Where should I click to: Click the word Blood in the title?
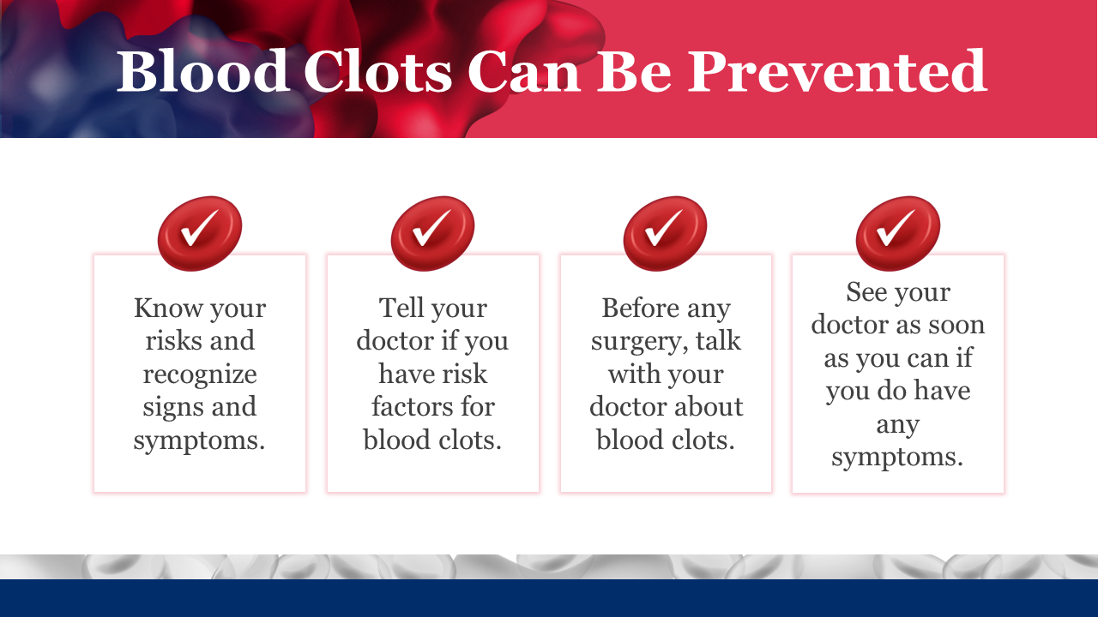[202, 71]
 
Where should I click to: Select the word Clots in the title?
[378, 71]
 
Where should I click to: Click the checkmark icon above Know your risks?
[200, 234]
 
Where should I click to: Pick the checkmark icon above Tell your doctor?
[432, 234]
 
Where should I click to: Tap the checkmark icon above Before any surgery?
[665, 234]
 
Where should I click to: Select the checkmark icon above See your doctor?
[898, 234]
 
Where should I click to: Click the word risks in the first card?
[172, 341]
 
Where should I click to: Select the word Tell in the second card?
[401, 308]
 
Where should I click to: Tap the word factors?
[411, 407]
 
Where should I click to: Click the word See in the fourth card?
[866, 292]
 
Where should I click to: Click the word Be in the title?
[634, 71]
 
